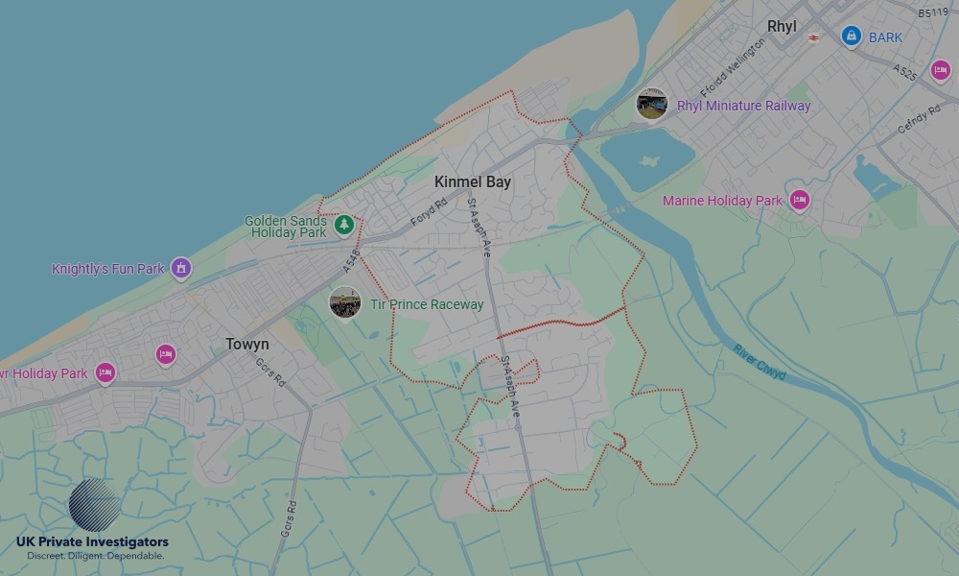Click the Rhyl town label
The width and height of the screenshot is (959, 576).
click(x=783, y=27)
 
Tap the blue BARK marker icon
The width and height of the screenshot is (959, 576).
click(x=850, y=36)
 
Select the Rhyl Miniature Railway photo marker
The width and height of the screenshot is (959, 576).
click(x=652, y=104)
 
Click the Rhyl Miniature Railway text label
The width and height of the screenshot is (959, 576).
click(x=743, y=106)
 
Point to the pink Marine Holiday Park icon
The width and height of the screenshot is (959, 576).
click(x=799, y=200)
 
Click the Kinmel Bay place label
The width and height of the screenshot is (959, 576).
click(x=473, y=181)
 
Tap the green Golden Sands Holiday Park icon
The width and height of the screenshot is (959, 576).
click(x=344, y=225)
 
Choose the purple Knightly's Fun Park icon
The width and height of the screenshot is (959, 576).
click(x=180, y=268)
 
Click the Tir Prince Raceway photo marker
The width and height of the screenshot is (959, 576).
click(x=345, y=302)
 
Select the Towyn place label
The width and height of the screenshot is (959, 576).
click(x=247, y=344)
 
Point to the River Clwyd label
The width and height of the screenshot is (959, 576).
click(x=760, y=362)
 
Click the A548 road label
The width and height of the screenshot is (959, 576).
click(x=351, y=258)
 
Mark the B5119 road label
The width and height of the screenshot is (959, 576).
click(x=932, y=13)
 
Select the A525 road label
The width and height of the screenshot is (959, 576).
click(x=903, y=73)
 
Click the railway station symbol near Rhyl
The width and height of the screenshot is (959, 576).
click(x=813, y=38)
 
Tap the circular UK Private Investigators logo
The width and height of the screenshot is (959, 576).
click(x=95, y=505)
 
